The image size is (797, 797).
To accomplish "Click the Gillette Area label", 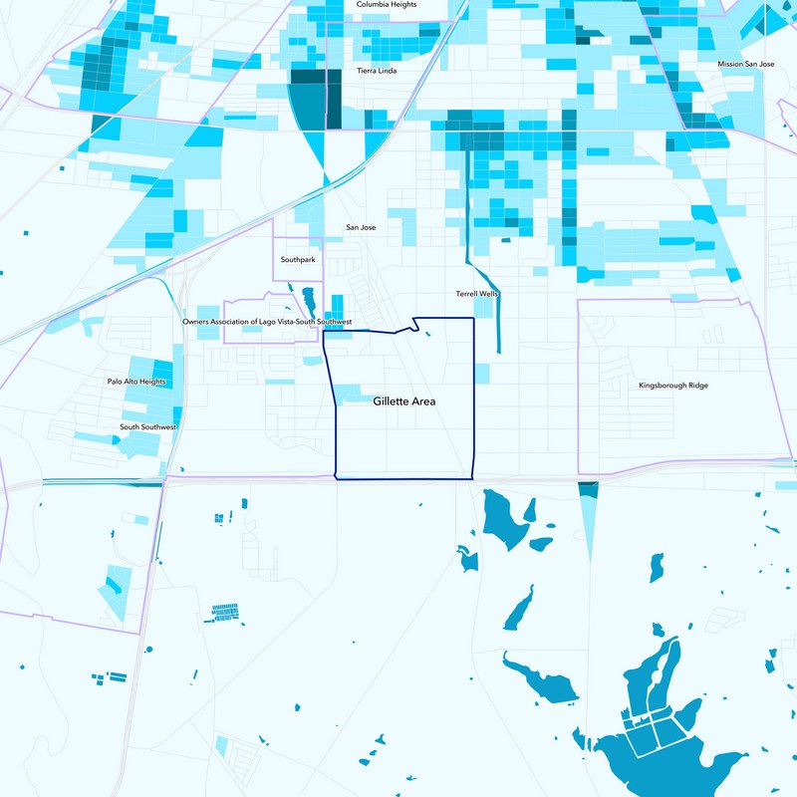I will coord(404,401).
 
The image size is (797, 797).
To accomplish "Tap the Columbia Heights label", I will coord(387,5).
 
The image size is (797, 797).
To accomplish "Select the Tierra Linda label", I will coord(377,71).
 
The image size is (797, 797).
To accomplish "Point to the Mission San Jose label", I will coord(746,64).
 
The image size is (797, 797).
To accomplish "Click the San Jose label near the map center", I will coord(361,228).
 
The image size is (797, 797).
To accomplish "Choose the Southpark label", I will coord(298,259).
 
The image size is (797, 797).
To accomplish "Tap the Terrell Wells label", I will coord(476,295).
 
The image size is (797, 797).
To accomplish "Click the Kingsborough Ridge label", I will coord(673,386).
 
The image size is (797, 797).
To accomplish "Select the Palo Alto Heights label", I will coord(136,382).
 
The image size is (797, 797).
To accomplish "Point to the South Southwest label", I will coord(148,427).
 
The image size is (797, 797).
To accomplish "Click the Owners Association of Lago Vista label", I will coord(268,323).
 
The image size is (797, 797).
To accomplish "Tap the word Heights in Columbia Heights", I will coord(402,5).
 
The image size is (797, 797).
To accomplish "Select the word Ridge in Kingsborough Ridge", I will coord(696,386).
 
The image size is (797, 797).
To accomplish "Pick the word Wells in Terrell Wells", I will coord(488,295).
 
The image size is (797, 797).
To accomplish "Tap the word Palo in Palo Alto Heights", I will coord(116,382).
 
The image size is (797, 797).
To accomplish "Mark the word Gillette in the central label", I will coord(390,401).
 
